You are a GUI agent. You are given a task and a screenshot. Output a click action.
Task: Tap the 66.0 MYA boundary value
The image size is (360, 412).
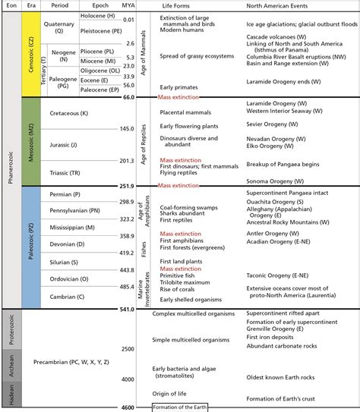[127, 97]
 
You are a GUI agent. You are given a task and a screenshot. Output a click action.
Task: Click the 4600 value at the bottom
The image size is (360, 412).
[127, 407]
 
